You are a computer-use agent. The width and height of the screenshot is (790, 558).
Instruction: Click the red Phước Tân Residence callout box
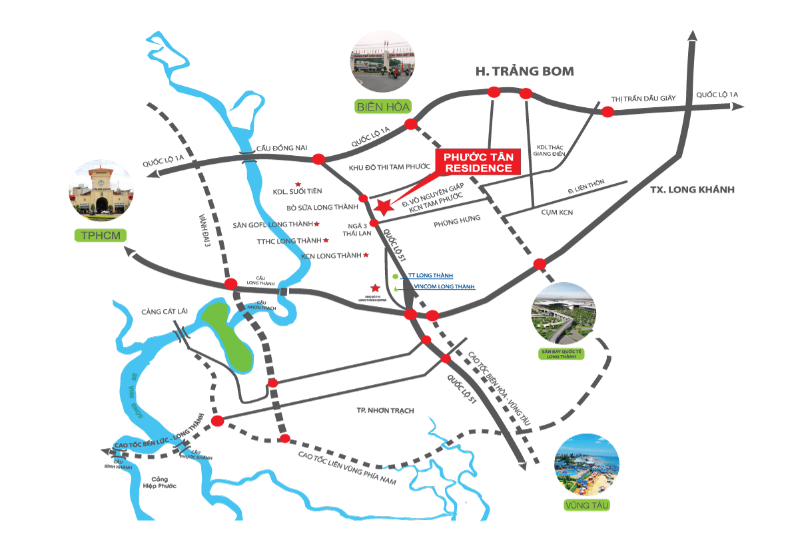(476, 162)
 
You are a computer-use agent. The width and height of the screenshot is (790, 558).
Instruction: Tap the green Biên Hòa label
(382, 107)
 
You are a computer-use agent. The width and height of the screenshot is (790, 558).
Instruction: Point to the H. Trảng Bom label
(524, 71)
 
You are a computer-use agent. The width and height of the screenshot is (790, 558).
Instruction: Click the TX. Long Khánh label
(692, 190)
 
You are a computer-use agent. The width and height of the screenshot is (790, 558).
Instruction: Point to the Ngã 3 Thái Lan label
(350, 230)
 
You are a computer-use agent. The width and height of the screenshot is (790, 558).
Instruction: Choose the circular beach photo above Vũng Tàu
(586, 466)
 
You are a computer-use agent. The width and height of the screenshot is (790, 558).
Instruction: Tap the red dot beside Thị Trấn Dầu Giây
(607, 112)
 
